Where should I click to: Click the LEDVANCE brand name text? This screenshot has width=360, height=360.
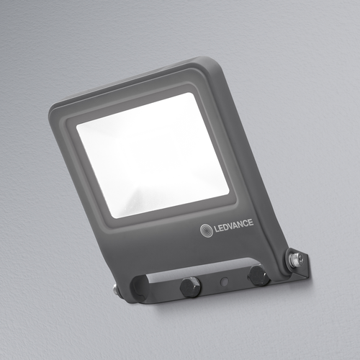tap(233, 226)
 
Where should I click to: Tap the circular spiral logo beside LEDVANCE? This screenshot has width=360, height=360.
tap(207, 230)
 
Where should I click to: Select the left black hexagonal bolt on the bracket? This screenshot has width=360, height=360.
tap(191, 287)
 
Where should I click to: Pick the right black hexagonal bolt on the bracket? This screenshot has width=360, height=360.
tap(258, 275)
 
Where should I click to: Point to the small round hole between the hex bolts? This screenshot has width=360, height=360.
tap(225, 281)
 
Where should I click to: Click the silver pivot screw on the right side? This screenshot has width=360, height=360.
tap(295, 258)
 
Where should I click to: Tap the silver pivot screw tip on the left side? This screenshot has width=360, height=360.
tap(115, 290)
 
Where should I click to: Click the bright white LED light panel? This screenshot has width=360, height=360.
tap(153, 155)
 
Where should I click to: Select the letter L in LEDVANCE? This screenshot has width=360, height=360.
tap(216, 229)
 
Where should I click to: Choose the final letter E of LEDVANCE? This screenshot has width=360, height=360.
tap(251, 222)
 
